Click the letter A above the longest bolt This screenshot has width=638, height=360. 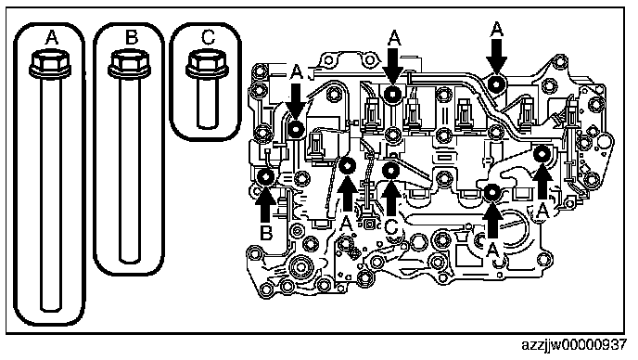click(51, 38)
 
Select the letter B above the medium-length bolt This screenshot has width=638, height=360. click(131, 38)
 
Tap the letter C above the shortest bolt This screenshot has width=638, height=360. click(208, 37)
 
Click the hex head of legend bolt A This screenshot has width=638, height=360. click(51, 60)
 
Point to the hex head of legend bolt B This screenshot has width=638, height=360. click(130, 60)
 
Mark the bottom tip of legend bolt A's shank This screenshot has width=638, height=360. click(51, 311)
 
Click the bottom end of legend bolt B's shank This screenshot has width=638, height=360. click(130, 261)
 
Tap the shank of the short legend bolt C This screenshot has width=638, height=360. click(207, 102)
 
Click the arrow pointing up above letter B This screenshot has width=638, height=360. click(265, 205)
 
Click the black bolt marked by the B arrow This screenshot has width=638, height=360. click(265, 176)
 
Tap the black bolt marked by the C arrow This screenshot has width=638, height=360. click(390, 170)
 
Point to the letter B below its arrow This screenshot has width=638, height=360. click(266, 234)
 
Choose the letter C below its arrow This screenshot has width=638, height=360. click(391, 227)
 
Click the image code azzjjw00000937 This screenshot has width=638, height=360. click(574, 345)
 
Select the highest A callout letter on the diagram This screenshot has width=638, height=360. click(497, 30)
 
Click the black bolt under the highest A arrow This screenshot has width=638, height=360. click(497, 84)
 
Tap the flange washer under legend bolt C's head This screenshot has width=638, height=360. click(207, 71)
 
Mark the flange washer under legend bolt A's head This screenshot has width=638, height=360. click(51, 72)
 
